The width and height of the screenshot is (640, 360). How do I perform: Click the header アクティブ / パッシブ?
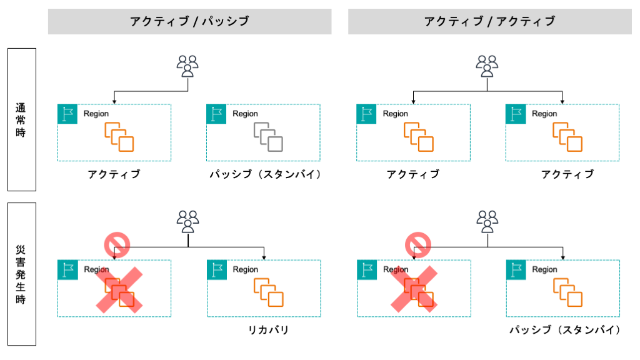[189, 21]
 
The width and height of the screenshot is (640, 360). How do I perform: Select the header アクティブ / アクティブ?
[489, 21]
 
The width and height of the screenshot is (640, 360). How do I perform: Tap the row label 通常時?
[21, 119]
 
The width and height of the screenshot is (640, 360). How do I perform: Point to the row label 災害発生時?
[21, 274]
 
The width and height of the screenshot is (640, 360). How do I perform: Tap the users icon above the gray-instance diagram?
[187, 66]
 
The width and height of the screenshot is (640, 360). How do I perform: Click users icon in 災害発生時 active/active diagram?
[487, 221]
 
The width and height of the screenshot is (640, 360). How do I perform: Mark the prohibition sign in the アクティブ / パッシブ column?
[116, 244]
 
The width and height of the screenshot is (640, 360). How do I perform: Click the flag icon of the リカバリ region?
[216, 269]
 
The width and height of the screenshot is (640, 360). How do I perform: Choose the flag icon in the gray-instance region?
[216, 114]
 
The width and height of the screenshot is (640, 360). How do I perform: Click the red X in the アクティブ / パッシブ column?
[119, 288]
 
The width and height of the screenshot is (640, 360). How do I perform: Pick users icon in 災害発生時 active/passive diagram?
[187, 221]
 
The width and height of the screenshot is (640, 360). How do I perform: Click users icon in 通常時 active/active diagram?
[487, 66]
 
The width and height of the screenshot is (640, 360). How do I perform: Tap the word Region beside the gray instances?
[245, 114]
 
